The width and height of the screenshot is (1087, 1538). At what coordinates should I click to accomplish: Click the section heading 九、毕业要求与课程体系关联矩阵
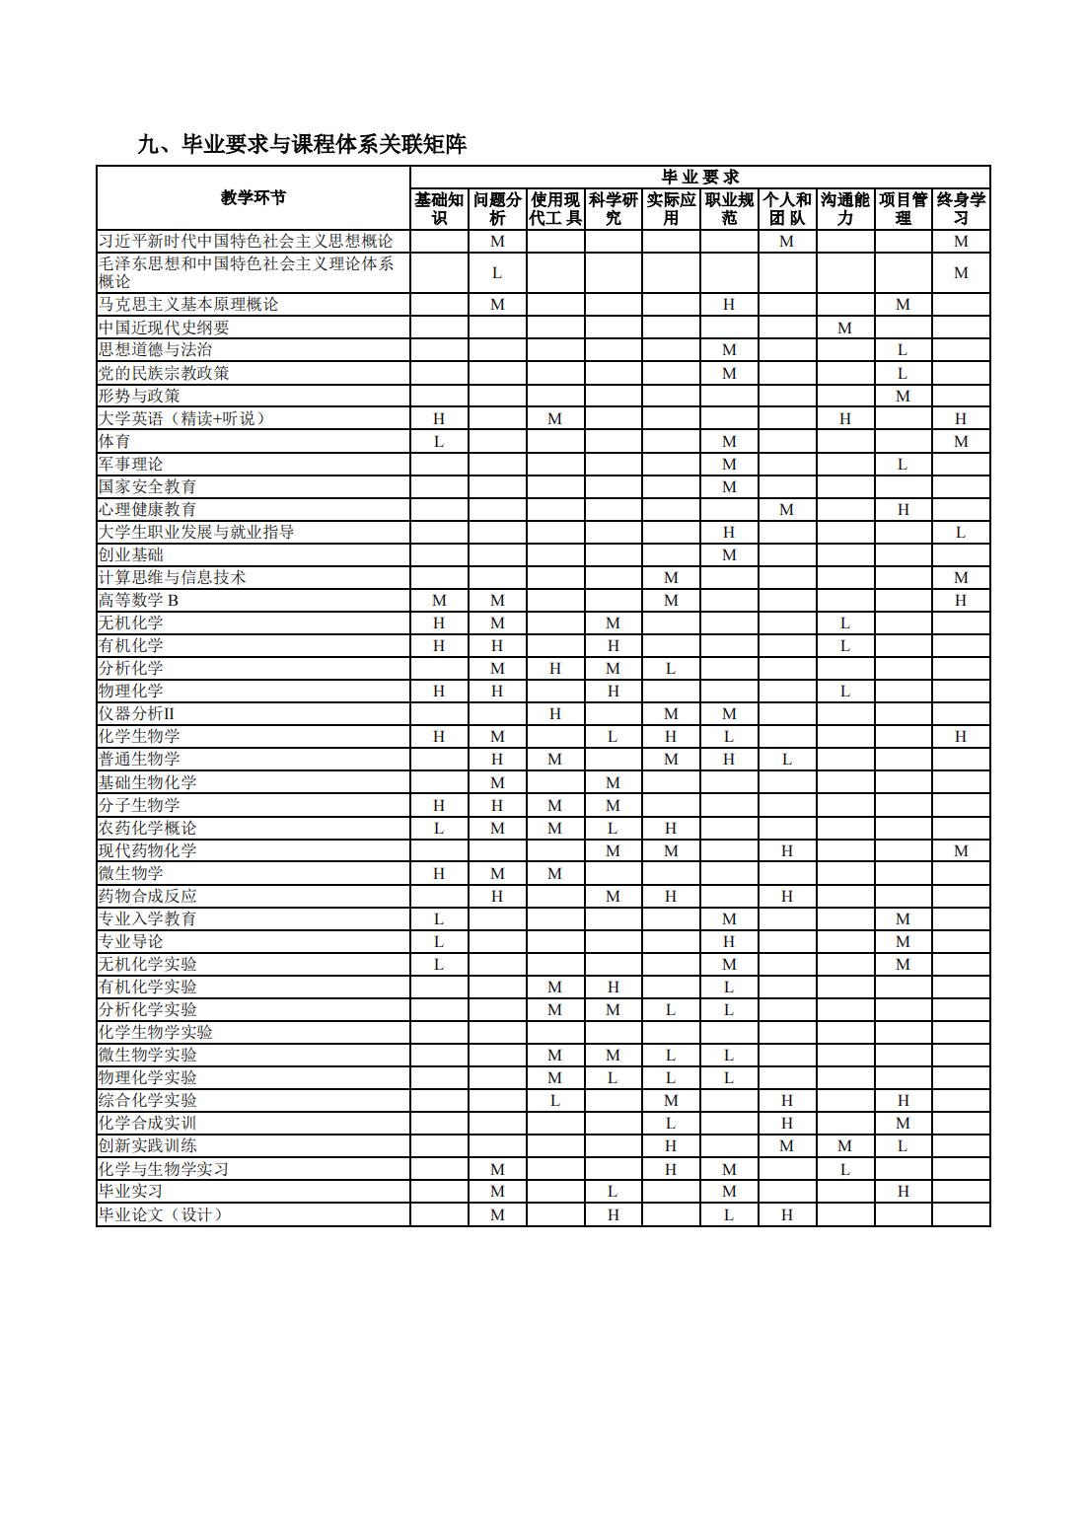pyautogui.click(x=302, y=145)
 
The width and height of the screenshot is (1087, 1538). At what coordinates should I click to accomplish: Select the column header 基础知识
pyautogui.click(x=439, y=208)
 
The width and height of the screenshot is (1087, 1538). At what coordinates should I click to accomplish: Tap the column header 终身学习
pyautogui.click(x=961, y=208)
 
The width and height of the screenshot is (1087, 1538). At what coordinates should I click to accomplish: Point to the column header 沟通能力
pyautogui.click(x=844, y=208)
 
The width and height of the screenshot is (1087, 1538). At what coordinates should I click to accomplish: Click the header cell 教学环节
pyautogui.click(x=254, y=197)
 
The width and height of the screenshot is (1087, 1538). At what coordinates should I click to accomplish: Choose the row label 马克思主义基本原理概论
pyautogui.click(x=188, y=305)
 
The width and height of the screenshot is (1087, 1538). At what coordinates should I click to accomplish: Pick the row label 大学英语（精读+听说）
pyautogui.click(x=181, y=418)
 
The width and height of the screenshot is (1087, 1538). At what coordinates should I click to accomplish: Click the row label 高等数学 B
pyautogui.click(x=138, y=600)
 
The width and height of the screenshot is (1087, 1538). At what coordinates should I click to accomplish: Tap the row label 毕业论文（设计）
pyautogui.click(x=160, y=1214)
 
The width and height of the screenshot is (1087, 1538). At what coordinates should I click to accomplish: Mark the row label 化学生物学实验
pyautogui.click(x=155, y=1032)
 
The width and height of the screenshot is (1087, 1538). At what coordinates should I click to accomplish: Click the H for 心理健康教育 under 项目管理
pyautogui.click(x=903, y=509)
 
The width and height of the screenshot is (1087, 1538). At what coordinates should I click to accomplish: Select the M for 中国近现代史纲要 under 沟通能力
pyautogui.click(x=844, y=328)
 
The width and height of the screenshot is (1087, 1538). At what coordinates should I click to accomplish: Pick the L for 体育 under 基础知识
pyautogui.click(x=439, y=441)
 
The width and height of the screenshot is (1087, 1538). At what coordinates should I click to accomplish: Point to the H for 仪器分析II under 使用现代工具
pyautogui.click(x=555, y=713)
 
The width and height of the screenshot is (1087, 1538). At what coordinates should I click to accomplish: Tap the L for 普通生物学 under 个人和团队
pyautogui.click(x=787, y=759)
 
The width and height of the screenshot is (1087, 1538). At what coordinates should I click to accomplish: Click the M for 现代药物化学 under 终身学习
pyautogui.click(x=961, y=850)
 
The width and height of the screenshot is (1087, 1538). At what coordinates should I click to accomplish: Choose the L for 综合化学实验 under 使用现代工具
pyautogui.click(x=555, y=1100)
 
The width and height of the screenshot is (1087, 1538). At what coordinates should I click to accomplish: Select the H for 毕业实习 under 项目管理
pyautogui.click(x=903, y=1191)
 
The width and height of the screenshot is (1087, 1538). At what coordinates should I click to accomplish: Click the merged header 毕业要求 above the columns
pyautogui.click(x=700, y=178)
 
